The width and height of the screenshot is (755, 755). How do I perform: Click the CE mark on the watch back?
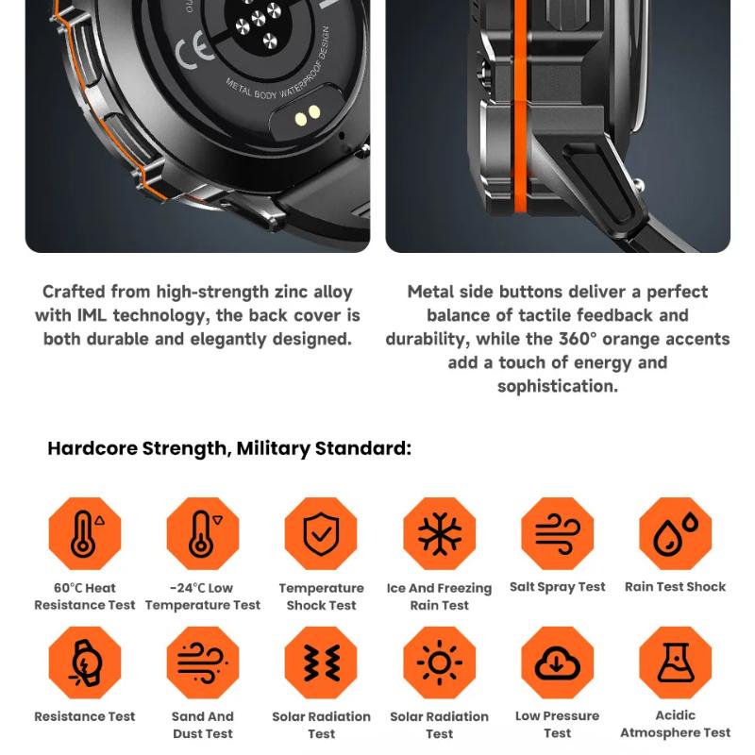195,52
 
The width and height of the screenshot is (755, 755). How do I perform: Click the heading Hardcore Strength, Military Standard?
229,448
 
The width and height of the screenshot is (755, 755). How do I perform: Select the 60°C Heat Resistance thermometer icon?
85,534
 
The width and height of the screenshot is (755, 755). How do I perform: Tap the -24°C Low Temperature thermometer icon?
203,534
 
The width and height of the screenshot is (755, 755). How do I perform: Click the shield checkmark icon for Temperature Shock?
321,534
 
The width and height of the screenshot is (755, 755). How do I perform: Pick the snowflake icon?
439,534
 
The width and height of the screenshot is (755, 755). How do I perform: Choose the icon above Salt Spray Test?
557,534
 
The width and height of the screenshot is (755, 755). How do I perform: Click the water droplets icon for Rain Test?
675,534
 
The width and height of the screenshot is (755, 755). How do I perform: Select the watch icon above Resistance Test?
85,663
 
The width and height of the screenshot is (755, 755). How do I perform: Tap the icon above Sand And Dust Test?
203,663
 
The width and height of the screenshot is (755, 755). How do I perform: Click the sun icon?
439,663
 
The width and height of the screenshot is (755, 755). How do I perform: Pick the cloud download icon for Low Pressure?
557,663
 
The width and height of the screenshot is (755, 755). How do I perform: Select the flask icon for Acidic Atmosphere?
675,663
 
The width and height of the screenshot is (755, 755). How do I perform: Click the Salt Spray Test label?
557,587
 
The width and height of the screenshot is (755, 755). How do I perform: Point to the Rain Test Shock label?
675,587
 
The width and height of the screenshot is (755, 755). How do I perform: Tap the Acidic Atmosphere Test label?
675,724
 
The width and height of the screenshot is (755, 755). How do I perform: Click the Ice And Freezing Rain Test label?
439,596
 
